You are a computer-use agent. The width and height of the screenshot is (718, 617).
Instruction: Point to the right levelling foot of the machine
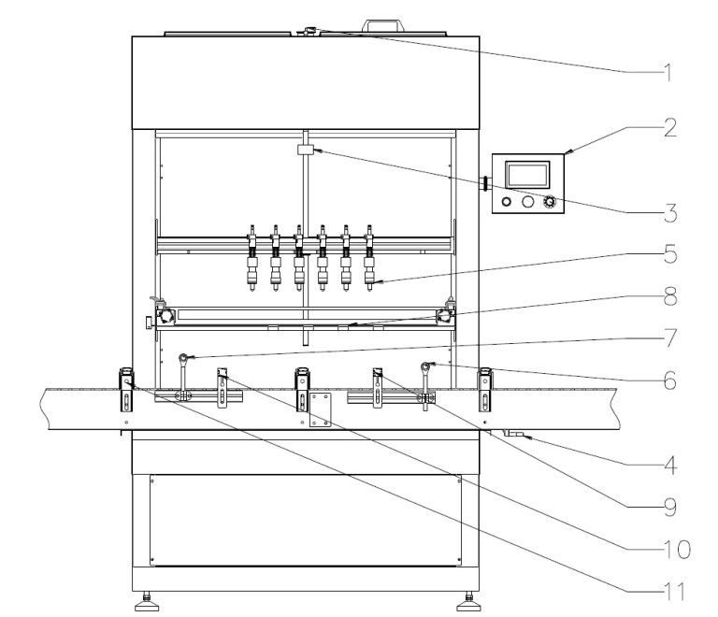point(465,599)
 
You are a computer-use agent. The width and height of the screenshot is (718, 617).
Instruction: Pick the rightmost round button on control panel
point(550,201)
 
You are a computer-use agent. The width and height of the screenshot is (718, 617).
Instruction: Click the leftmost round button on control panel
point(507,201)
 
